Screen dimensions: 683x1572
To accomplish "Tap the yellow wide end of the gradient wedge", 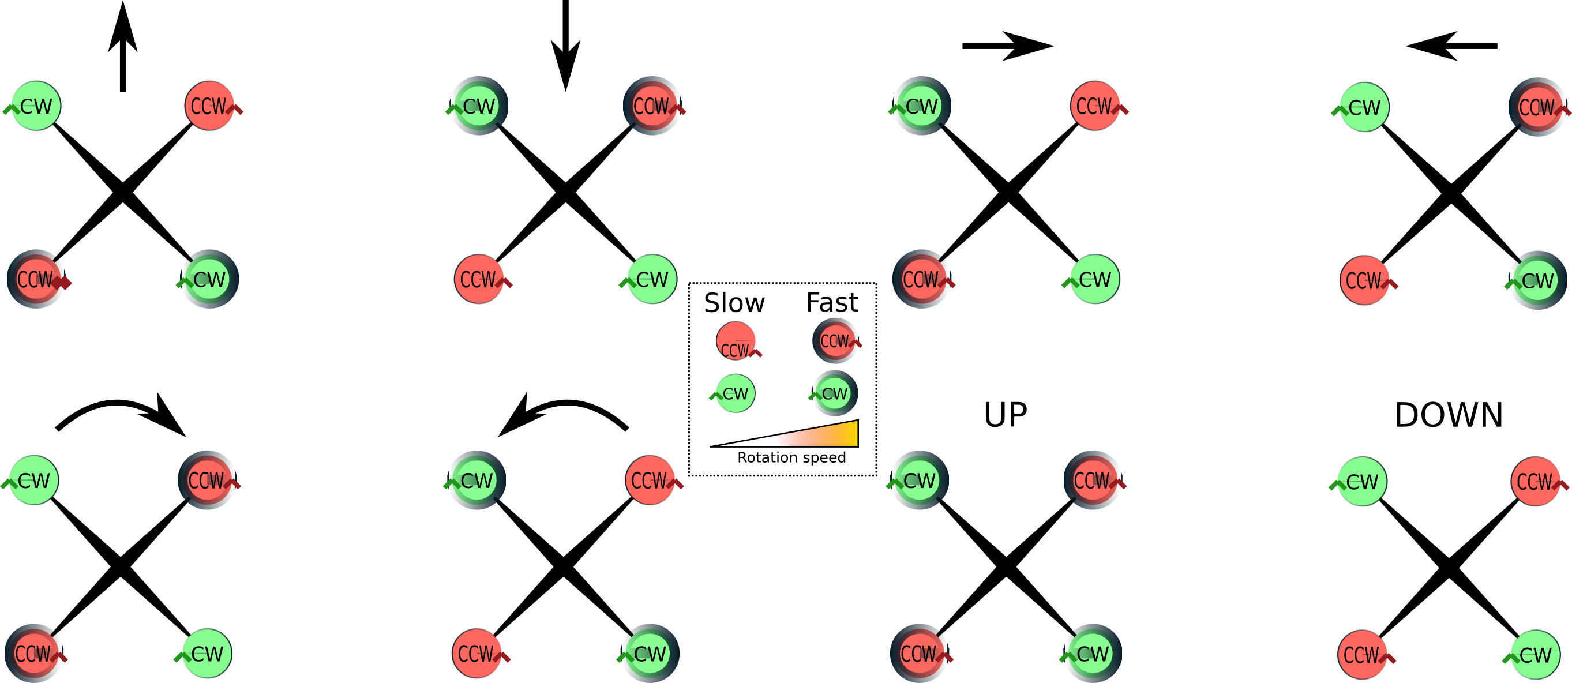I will pyautogui.click(x=853, y=433).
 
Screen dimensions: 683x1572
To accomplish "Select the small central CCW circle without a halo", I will pyautogui.click(x=736, y=340).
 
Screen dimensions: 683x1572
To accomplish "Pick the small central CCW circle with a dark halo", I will pyautogui.click(x=835, y=340).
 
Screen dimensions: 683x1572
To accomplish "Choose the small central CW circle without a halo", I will pyautogui.click(x=736, y=393).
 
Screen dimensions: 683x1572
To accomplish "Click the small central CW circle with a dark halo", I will pyautogui.click(x=835, y=393).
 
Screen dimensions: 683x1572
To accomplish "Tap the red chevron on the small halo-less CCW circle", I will pyautogui.click(x=756, y=353).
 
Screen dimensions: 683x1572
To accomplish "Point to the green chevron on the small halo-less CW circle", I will pyautogui.click(x=715, y=396).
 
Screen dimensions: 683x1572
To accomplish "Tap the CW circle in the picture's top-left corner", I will pyautogui.click(x=36, y=106).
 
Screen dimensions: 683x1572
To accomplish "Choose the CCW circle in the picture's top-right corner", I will pyautogui.click(x=1537, y=107).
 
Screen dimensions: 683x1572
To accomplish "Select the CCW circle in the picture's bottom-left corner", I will pyautogui.click(x=33, y=653).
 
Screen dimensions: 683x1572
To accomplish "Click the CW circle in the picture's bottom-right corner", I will pyautogui.click(x=1536, y=654).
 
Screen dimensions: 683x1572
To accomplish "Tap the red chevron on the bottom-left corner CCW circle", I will pyautogui.click(x=59, y=657).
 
